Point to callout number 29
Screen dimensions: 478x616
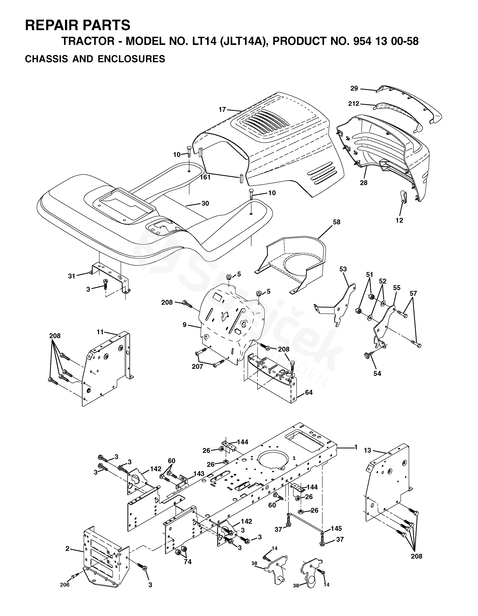pos(354,88)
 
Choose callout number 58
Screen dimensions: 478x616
pos(337,222)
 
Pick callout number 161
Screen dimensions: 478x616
pos(205,177)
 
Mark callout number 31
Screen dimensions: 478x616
pos(72,276)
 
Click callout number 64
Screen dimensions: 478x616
pos(309,392)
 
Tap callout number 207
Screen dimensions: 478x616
pos(197,367)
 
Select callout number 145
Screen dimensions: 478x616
pos(336,528)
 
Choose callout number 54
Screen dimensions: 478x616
pos(377,374)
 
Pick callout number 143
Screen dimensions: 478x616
pos(199,473)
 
